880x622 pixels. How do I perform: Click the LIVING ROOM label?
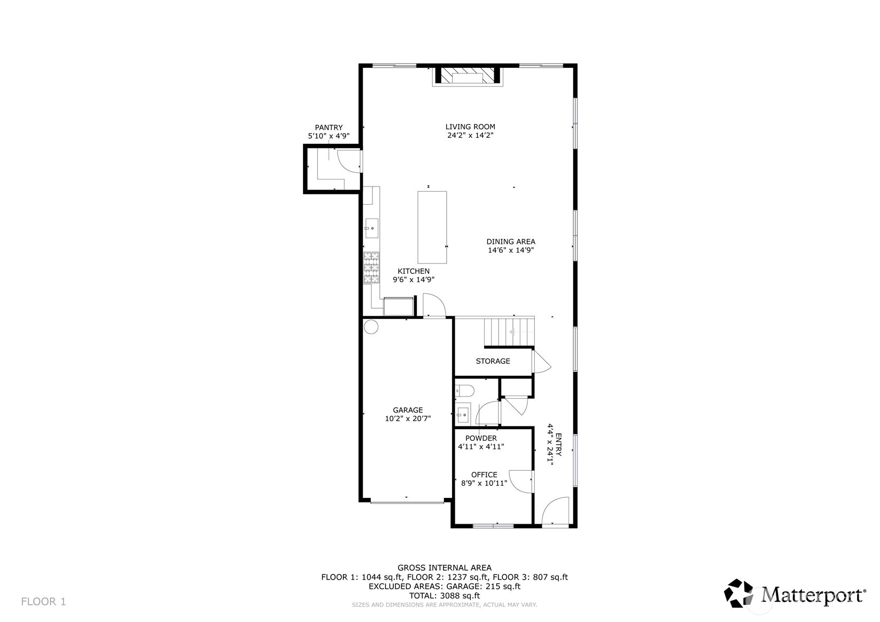(470, 127)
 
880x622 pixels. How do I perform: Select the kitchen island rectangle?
(432, 227)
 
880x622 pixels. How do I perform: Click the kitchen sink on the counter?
(371, 228)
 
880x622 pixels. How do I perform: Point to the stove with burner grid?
(371, 268)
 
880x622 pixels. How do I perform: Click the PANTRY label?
(329, 127)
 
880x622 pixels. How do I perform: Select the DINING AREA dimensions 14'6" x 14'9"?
(511, 250)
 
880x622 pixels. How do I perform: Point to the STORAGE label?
(493, 361)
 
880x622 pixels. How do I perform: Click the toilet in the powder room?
(464, 391)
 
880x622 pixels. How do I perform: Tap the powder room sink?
(462, 413)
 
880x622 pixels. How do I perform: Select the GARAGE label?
(408, 410)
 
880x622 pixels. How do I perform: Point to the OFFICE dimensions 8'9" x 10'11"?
(484, 483)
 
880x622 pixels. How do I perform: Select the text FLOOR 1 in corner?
(43, 602)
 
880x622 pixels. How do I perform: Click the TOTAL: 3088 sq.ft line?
(445, 595)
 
